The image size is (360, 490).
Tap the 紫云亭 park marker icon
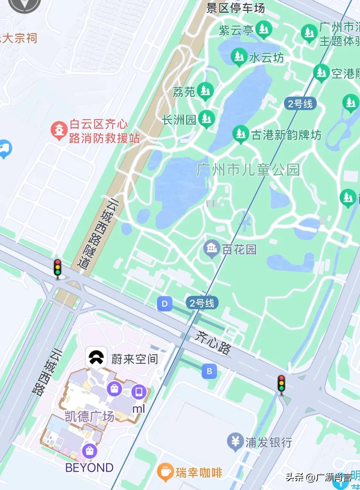point(263,29)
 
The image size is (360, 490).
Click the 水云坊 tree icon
point(239,56)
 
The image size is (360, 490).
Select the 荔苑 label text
point(184,92)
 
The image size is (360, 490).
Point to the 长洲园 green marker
point(206,118)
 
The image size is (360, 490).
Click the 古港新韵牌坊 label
point(286,135)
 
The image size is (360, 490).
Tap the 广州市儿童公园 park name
point(248,170)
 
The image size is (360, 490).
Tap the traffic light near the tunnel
point(58,267)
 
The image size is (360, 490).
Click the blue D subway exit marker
point(164,304)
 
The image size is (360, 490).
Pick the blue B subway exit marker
point(209,371)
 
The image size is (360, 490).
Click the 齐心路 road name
point(213,343)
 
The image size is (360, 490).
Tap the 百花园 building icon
point(211,249)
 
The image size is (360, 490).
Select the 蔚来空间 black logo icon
point(96,358)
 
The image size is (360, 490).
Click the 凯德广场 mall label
point(89,416)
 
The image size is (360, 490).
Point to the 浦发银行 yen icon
point(235,442)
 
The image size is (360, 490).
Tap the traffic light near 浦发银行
point(281,383)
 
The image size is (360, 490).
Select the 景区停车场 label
point(236,8)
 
